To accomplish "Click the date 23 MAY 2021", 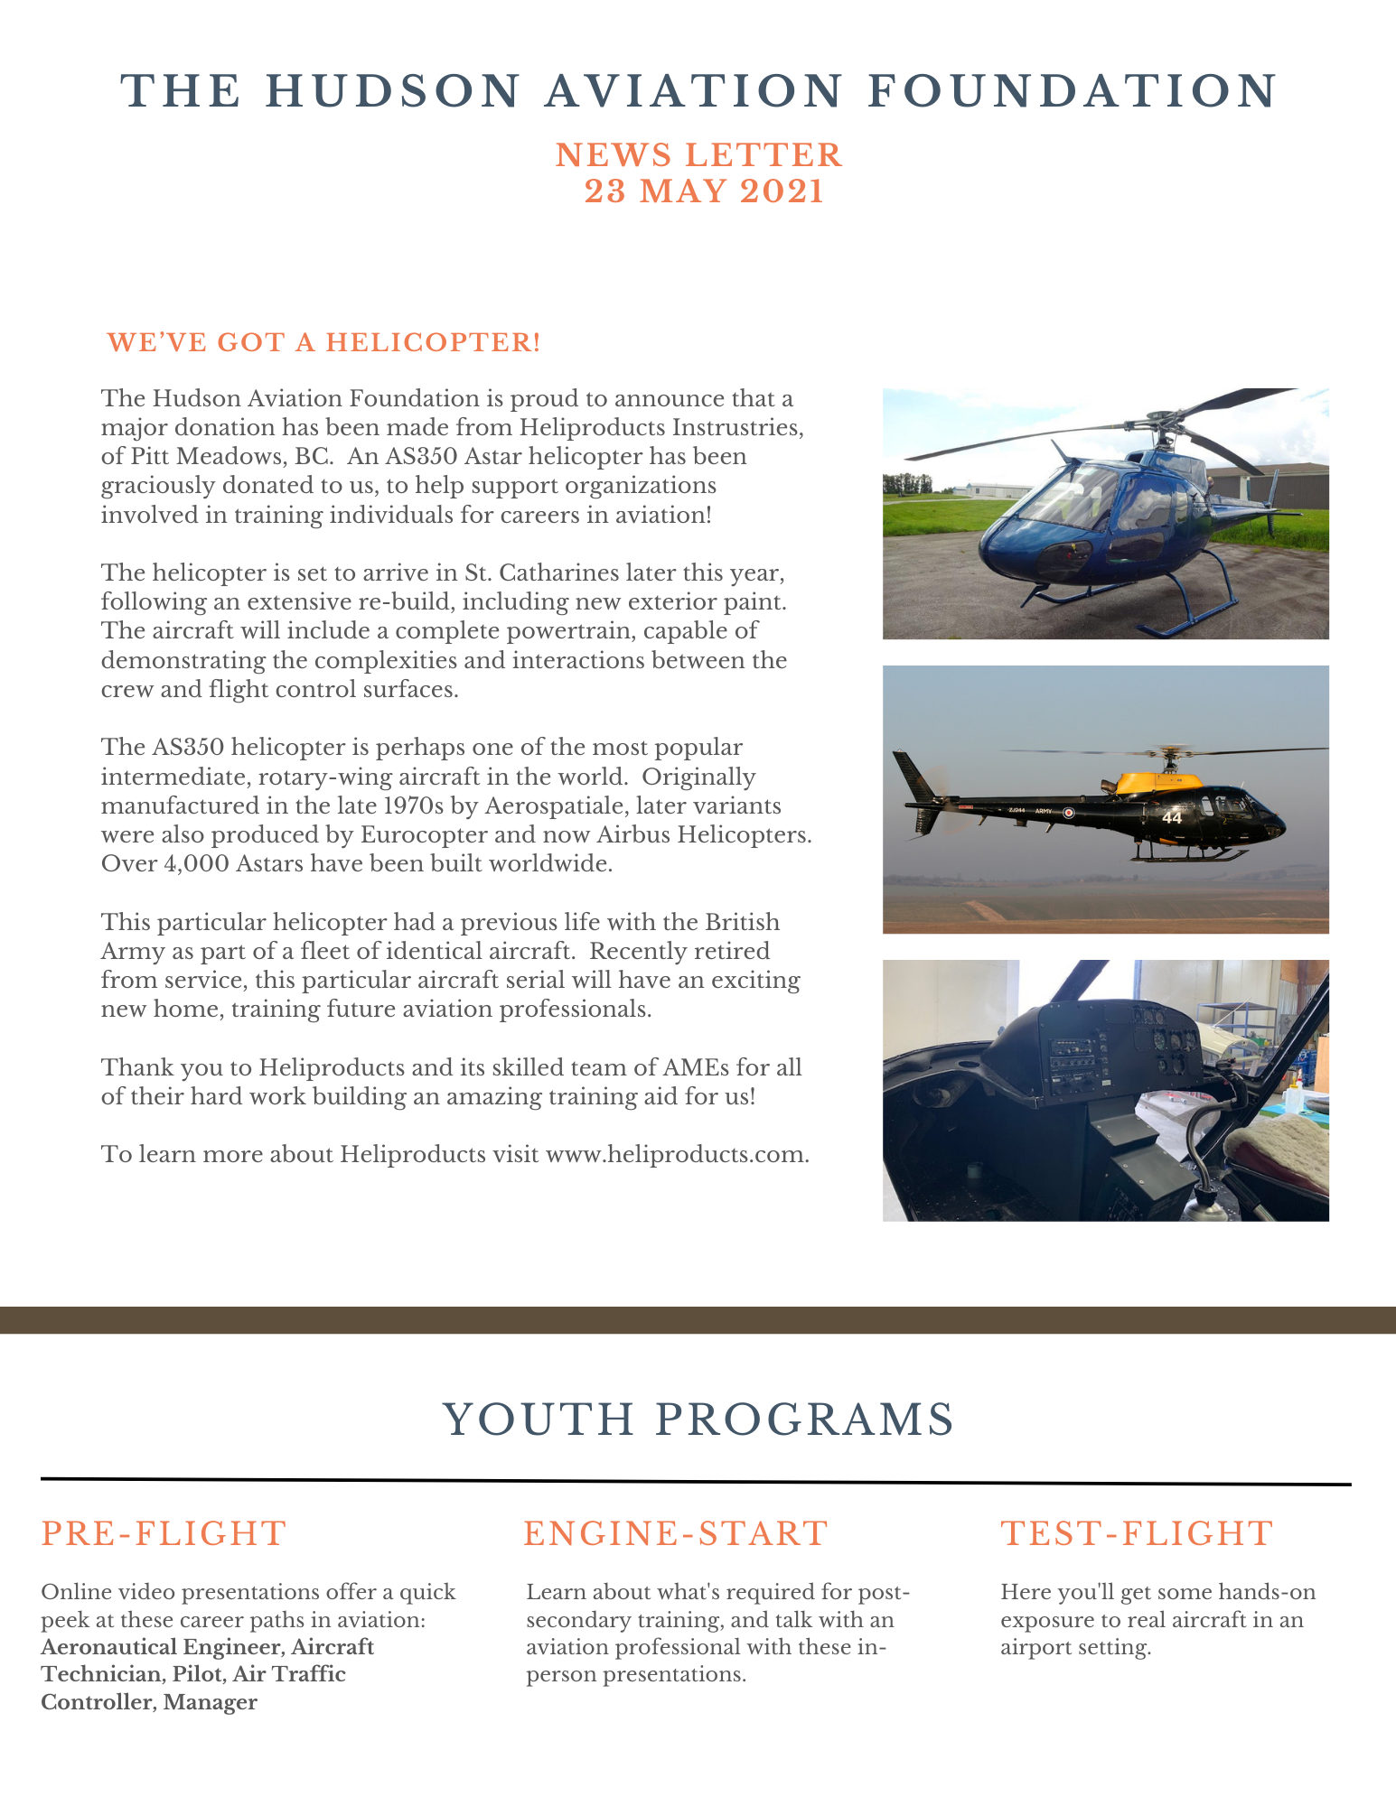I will pyautogui.click(x=703, y=192).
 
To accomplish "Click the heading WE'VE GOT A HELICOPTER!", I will pyautogui.click(x=323, y=343).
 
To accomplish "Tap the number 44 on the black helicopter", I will pyautogui.click(x=1172, y=818).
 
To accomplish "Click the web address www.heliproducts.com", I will pyautogui.click(x=676, y=1155).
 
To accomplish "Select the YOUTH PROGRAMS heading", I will pyautogui.click(x=698, y=1420).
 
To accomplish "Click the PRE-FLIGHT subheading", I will pyautogui.click(x=164, y=1533).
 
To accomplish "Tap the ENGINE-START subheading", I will pyautogui.click(x=675, y=1533).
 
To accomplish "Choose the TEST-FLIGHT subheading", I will pyautogui.click(x=1137, y=1533).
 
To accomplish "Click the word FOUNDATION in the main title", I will pyautogui.click(x=1072, y=91).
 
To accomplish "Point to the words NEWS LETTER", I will pyautogui.click(x=698, y=155).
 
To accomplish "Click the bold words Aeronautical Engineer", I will pyautogui.click(x=160, y=1647).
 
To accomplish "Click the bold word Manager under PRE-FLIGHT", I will pyautogui.click(x=210, y=1703).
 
